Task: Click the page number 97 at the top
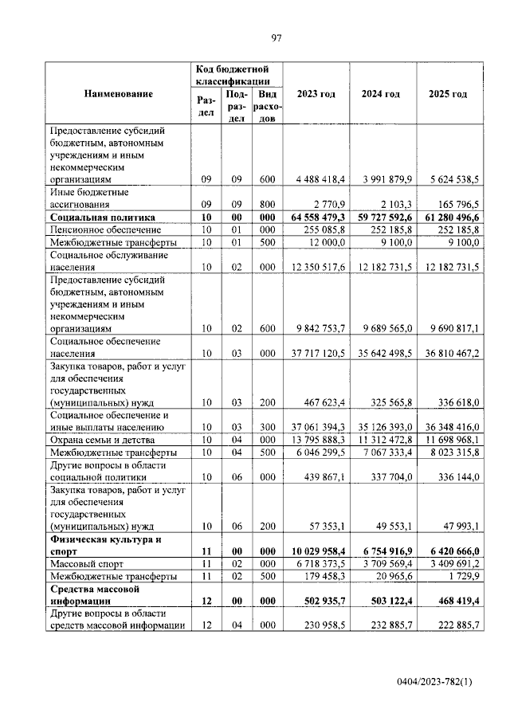(277, 37)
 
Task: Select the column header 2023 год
(316, 94)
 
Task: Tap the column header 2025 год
(448, 94)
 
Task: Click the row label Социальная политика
(101, 217)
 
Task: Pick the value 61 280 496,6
(446, 217)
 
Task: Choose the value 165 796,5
(454, 204)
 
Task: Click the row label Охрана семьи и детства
(102, 440)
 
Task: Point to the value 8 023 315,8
(449, 453)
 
